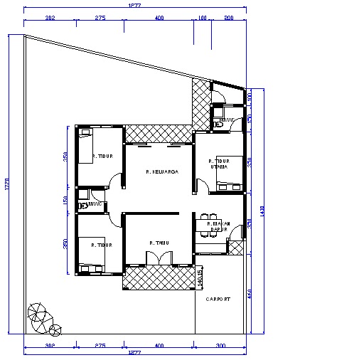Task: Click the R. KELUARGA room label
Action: [161, 171]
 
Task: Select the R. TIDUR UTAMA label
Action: [219, 164]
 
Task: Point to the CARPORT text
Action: [218, 300]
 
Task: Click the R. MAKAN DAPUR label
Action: [217, 227]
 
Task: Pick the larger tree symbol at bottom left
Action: [37, 314]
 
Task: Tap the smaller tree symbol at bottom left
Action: [55, 329]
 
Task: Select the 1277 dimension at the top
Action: [134, 6]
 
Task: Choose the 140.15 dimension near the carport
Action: [201, 277]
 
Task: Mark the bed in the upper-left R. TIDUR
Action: [85, 146]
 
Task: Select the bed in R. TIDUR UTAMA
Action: [229, 186]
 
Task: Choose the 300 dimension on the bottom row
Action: [220, 345]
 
